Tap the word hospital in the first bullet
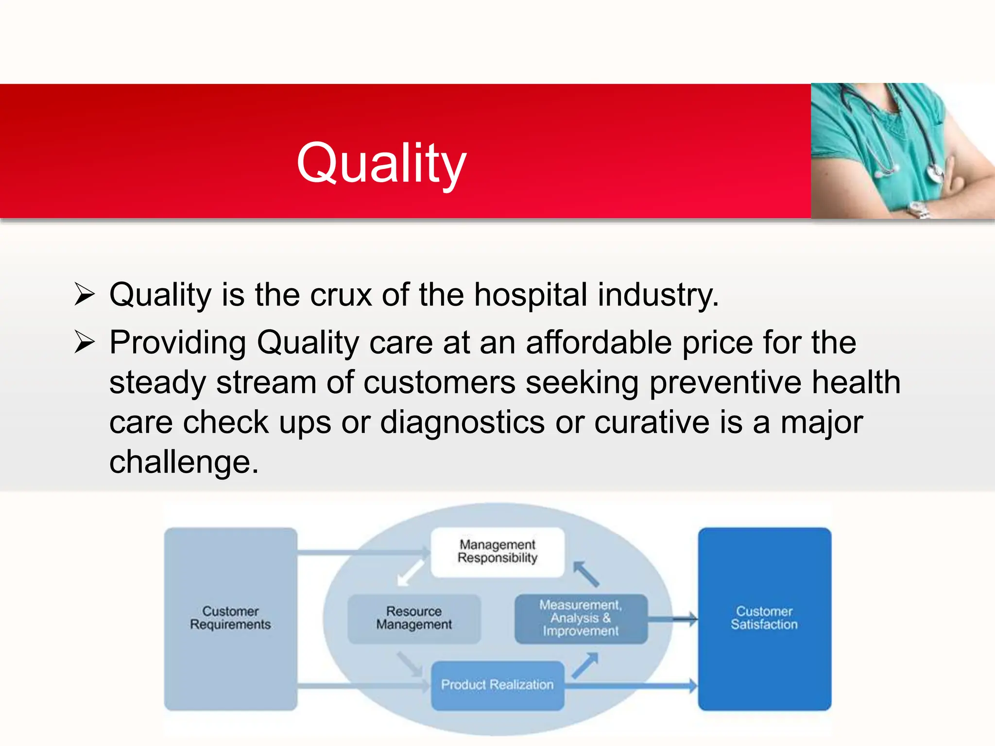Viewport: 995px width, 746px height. point(531,295)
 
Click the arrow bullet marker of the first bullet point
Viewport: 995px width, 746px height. point(84,294)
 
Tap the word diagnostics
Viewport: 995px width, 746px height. point(462,422)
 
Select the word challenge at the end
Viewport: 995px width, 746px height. point(184,462)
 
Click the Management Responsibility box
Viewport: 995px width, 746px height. point(497,552)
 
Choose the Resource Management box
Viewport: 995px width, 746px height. point(414,618)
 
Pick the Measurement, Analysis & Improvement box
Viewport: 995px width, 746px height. point(581,618)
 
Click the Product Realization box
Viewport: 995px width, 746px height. point(497,685)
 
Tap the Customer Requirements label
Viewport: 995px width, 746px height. point(230,618)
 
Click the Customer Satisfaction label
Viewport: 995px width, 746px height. point(764,618)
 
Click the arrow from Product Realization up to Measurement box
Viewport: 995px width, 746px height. point(585,665)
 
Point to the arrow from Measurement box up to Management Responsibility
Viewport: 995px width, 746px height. point(586,574)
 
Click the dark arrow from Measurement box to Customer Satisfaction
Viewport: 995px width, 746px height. point(673,619)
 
